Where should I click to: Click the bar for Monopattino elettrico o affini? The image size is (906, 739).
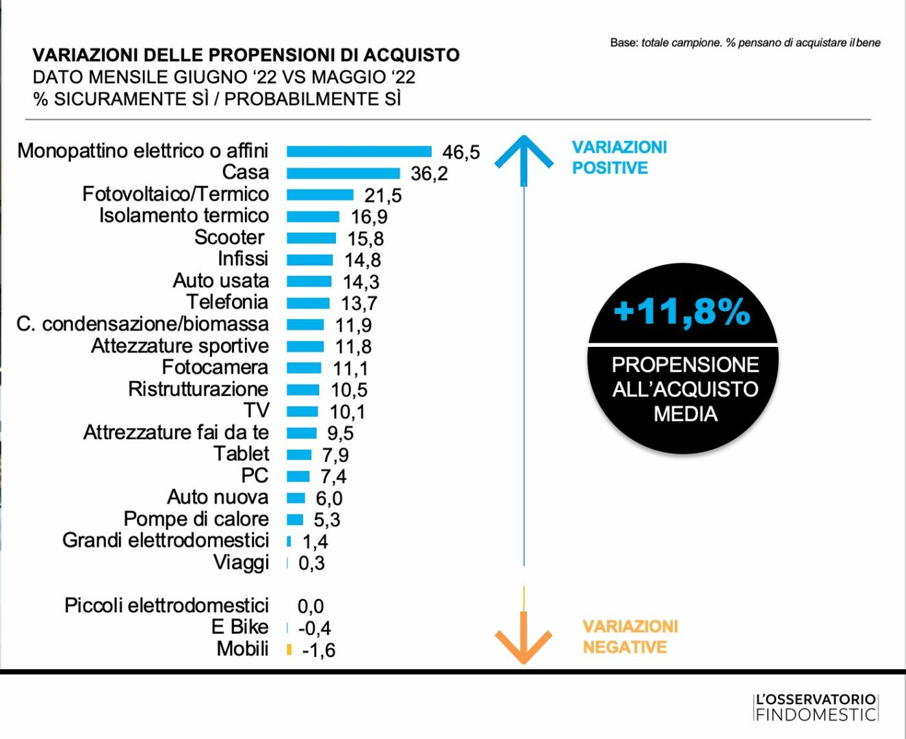click(x=359, y=151)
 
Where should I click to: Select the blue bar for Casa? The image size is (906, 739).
click(x=343, y=173)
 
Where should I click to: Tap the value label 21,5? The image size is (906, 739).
click(x=383, y=196)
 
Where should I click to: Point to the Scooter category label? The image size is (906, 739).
click(x=229, y=237)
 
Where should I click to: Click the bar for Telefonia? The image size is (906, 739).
click(x=308, y=303)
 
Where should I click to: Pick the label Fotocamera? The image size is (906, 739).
click(x=215, y=367)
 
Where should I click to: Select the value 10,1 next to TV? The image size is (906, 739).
click(x=348, y=412)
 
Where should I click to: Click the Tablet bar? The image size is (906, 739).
click(x=299, y=454)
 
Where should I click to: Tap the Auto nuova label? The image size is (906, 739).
click(x=218, y=497)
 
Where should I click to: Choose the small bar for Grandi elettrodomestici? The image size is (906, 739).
click(x=289, y=541)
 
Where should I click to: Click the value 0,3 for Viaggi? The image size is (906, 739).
click(x=311, y=563)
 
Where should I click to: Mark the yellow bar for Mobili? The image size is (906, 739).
click(x=289, y=649)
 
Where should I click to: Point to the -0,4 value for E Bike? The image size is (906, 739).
click(x=315, y=628)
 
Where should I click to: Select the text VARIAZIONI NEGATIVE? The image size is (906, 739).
click(x=630, y=637)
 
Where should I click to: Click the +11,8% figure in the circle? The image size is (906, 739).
click(x=682, y=311)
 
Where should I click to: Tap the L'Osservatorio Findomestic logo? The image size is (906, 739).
click(x=816, y=708)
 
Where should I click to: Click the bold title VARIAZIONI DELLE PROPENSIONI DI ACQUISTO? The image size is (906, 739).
click(x=246, y=55)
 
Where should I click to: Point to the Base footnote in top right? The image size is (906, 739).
click(x=745, y=43)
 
